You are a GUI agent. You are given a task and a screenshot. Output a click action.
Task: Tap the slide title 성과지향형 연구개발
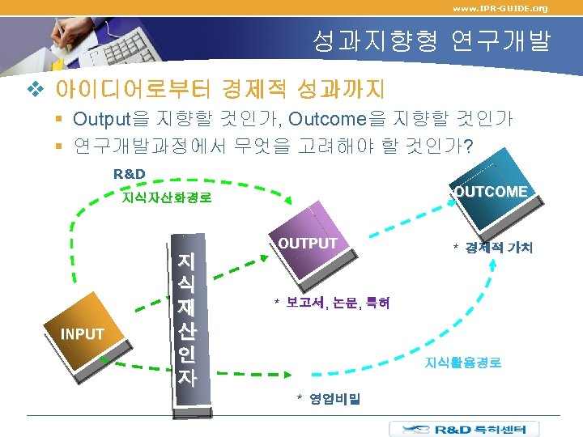tap(431, 40)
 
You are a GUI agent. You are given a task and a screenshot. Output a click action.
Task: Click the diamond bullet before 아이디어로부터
tap(33, 87)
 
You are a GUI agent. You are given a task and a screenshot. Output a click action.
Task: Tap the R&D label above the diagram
tap(129, 173)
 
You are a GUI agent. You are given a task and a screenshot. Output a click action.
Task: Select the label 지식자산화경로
tap(165, 197)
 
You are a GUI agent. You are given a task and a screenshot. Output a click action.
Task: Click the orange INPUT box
tap(82, 333)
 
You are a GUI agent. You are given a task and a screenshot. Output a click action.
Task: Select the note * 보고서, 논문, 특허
tap(331, 303)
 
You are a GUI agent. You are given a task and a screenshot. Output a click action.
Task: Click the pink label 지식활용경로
tap(463, 363)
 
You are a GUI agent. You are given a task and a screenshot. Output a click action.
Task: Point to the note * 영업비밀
tap(329, 398)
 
